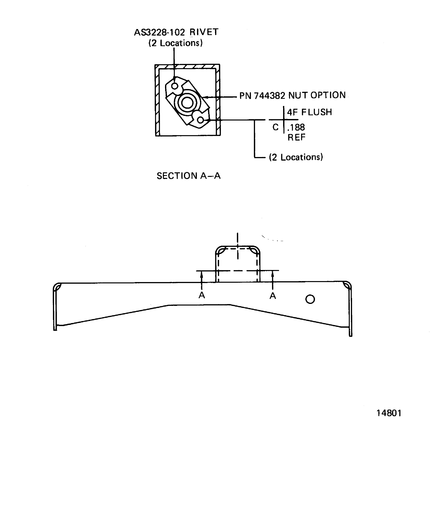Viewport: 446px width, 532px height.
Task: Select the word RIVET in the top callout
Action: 204,32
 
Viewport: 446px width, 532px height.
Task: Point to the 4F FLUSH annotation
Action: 309,112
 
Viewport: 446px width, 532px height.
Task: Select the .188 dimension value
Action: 296,127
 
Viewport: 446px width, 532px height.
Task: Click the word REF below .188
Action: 296,137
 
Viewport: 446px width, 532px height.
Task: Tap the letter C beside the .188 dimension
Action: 275,127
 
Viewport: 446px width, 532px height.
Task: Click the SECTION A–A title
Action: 188,176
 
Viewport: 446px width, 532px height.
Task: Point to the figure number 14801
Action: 389,413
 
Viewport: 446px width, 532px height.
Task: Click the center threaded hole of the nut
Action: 187,103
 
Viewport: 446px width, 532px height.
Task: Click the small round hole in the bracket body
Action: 310,299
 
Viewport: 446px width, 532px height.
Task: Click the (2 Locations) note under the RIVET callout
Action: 175,43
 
